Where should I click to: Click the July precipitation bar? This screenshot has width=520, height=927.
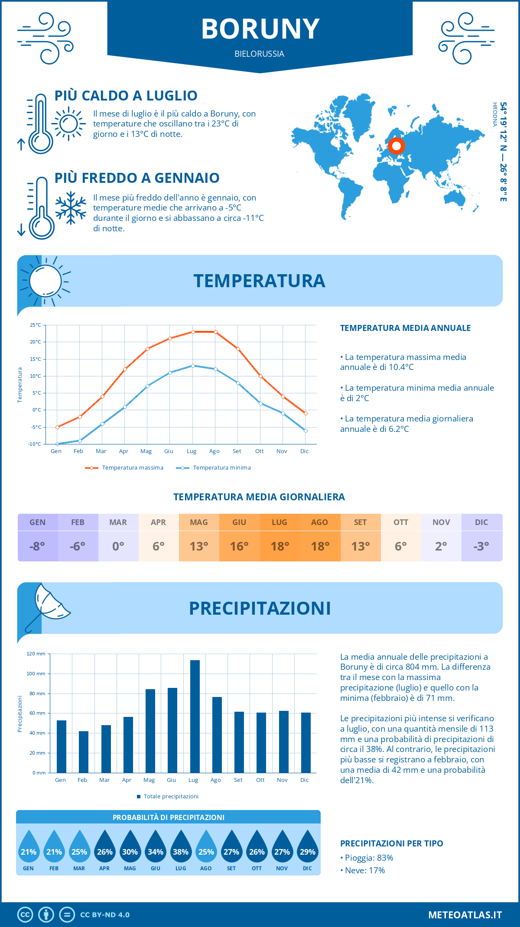click(195, 716)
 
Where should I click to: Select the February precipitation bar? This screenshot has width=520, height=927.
click(84, 752)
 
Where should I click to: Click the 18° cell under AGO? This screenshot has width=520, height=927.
click(320, 546)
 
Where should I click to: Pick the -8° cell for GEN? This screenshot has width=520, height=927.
click(37, 546)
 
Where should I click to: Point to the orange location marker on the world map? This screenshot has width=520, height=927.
click(396, 146)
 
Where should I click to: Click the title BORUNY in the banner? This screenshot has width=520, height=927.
click(260, 29)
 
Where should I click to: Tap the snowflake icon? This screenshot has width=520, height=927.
click(71, 207)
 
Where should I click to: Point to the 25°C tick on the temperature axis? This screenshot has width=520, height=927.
click(36, 325)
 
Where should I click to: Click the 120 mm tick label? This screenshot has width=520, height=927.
click(36, 654)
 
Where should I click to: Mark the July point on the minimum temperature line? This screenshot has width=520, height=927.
click(193, 366)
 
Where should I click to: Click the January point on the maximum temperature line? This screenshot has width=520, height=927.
click(57, 427)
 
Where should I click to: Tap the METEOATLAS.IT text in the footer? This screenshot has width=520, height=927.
click(465, 915)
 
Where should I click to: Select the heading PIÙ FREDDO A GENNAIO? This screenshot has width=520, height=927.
click(137, 178)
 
